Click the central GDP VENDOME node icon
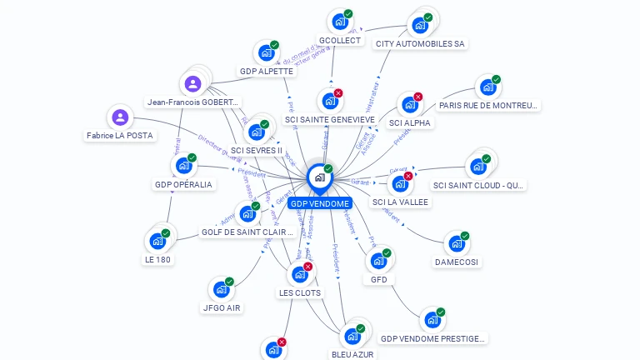click(x=320, y=177)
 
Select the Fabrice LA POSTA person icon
click(x=120, y=117)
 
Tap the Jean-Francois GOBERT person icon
click(x=192, y=83)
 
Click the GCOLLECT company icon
click(x=339, y=22)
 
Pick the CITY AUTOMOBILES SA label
click(x=420, y=43)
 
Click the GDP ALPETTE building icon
click(x=266, y=53)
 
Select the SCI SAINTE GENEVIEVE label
click(x=330, y=119)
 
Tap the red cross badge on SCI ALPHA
click(x=418, y=97)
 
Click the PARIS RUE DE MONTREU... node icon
click(x=487, y=87)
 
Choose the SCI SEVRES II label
click(x=257, y=150)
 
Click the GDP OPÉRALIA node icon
click(x=183, y=165)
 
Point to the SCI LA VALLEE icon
click(x=399, y=184)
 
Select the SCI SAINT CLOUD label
click(x=478, y=185)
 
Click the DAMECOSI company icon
click(x=456, y=244)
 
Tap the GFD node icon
click(x=377, y=261)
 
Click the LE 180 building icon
click(x=157, y=241)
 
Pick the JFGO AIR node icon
click(x=220, y=289)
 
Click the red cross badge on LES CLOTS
click(x=308, y=267)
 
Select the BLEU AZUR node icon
click(x=352, y=336)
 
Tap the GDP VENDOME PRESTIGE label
click(x=432, y=337)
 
